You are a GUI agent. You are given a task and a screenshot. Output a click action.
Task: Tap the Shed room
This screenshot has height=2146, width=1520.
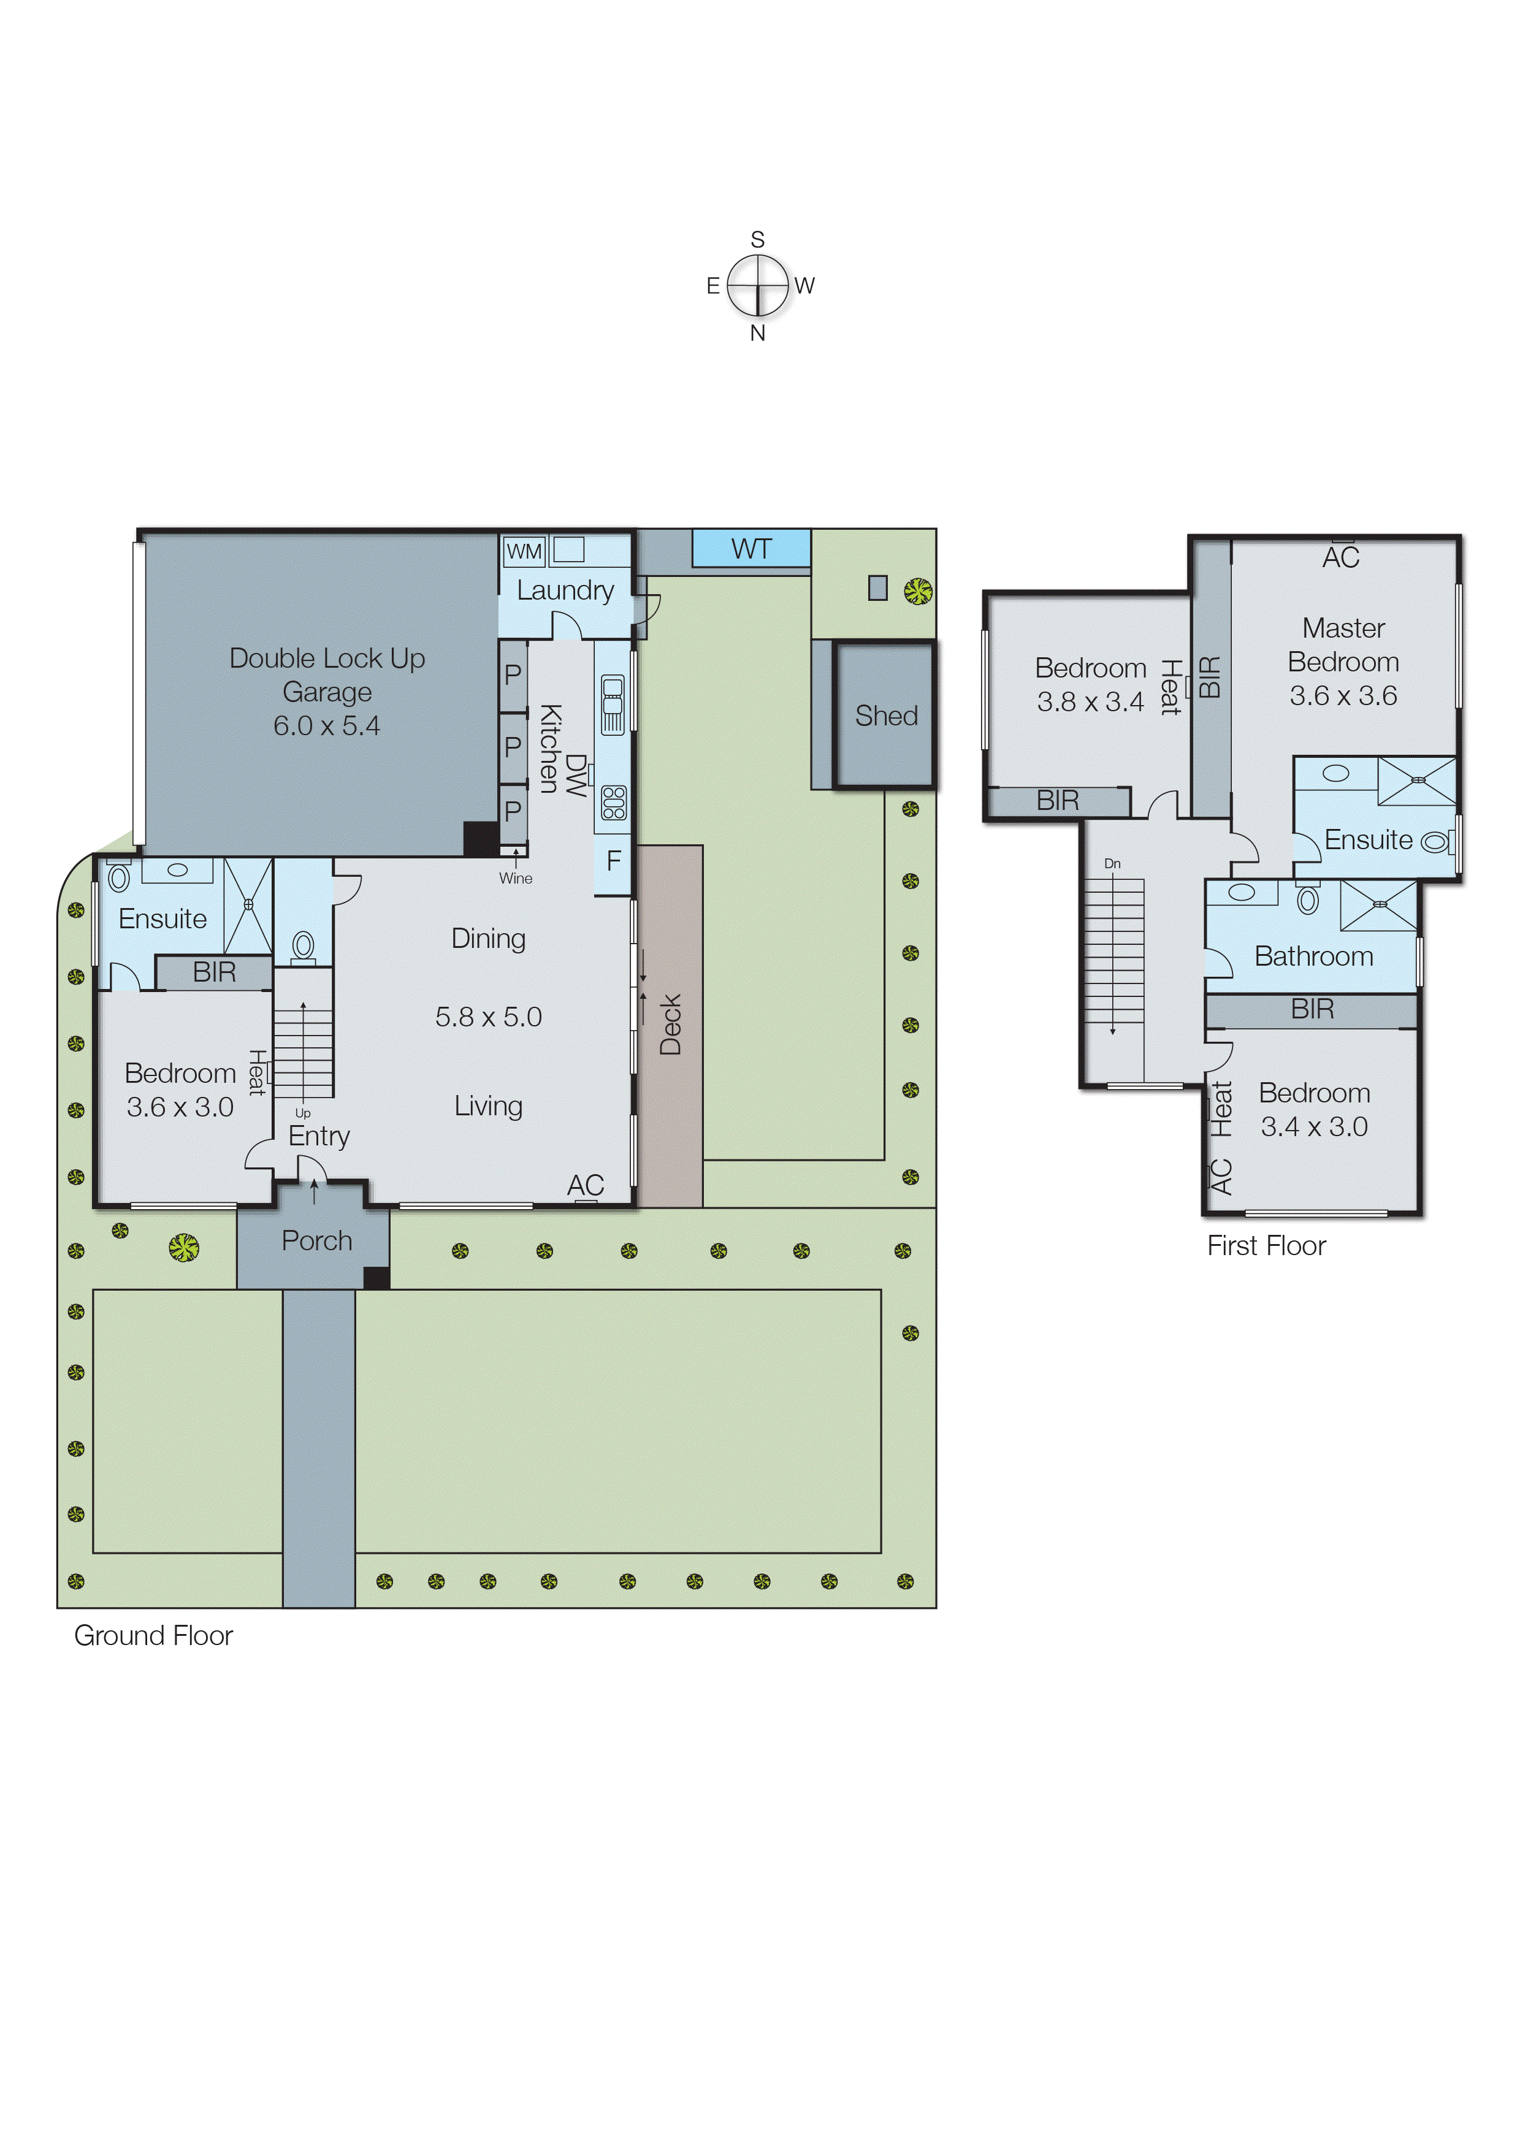tap(885, 716)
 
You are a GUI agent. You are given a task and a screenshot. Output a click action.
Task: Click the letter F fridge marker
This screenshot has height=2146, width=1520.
tap(613, 861)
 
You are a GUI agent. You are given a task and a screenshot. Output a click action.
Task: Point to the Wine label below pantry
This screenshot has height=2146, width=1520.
tap(515, 878)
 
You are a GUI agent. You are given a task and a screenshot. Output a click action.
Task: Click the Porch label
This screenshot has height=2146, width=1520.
tap(316, 1241)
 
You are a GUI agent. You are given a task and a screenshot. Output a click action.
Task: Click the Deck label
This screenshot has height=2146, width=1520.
tap(670, 1025)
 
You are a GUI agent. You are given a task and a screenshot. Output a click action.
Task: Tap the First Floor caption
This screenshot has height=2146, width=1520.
tap(1266, 1246)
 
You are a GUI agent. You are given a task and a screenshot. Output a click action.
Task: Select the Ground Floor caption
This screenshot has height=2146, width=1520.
tap(153, 1635)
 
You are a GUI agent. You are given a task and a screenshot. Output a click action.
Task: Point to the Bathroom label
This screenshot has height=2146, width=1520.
tap(1313, 957)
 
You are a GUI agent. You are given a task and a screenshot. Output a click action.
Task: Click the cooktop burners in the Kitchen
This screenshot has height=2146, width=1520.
tap(613, 802)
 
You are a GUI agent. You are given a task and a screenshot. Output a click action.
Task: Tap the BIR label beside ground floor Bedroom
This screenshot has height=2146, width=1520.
tap(215, 972)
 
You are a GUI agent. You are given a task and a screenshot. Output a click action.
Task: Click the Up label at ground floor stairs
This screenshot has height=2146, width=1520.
tap(302, 1113)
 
